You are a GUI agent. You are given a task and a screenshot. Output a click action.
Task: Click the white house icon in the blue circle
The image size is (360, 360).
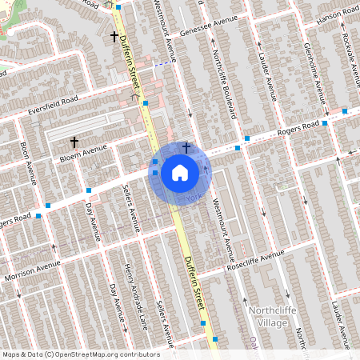point(180,172)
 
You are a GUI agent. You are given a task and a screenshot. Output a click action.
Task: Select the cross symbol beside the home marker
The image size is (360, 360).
point(186,147)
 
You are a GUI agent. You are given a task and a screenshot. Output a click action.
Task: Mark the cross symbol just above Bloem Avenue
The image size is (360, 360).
point(74,142)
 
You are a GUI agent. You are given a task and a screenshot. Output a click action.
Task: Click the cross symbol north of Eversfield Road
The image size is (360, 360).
point(114,37)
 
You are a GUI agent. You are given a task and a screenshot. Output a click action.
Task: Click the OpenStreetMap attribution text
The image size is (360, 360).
point(80,354)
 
